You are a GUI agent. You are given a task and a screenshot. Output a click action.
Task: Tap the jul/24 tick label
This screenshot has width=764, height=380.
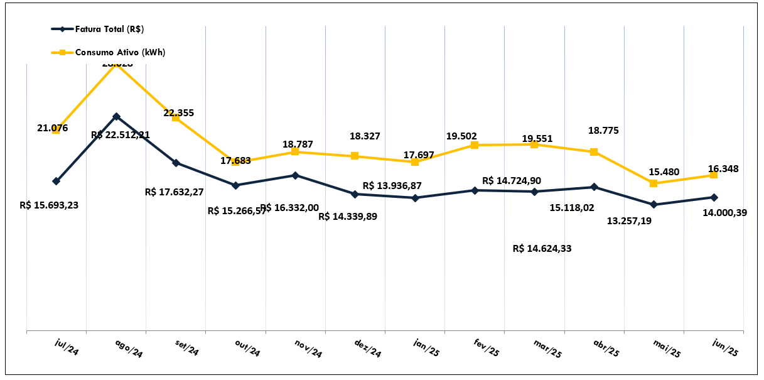click(x=67, y=346)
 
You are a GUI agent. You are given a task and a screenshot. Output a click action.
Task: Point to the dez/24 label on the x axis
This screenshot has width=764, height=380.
click(x=367, y=347)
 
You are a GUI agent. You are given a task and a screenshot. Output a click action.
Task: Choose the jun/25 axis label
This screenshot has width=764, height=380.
click(x=725, y=347)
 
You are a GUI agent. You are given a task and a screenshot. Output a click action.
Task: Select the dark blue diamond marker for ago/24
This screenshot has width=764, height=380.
click(x=116, y=116)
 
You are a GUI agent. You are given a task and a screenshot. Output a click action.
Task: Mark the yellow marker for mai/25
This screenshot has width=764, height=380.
click(x=654, y=183)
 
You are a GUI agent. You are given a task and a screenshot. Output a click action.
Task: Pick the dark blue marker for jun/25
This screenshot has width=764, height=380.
click(x=714, y=197)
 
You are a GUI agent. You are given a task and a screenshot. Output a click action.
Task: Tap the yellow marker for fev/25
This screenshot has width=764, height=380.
click(x=475, y=145)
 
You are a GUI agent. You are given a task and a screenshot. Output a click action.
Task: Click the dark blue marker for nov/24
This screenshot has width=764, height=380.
click(x=295, y=175)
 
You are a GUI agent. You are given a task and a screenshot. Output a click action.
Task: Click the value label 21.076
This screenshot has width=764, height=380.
click(x=53, y=128)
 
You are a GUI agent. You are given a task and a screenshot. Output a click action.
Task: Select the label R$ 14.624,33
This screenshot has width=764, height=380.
click(x=542, y=248)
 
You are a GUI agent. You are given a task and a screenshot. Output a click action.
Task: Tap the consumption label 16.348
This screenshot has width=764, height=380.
click(x=723, y=168)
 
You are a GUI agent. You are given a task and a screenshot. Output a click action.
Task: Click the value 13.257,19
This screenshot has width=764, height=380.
click(x=629, y=220)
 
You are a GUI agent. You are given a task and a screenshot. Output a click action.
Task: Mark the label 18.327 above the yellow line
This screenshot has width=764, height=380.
click(x=365, y=136)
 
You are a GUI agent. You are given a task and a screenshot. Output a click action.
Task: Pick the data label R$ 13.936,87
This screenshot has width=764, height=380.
click(x=392, y=186)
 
